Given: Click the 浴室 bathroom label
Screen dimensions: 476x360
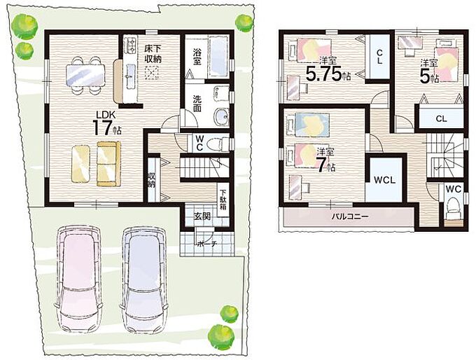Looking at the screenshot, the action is coord(197,57).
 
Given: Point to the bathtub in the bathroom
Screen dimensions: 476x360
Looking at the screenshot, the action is coord(218,57).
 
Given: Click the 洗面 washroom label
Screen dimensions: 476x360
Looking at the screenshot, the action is coord(197,103).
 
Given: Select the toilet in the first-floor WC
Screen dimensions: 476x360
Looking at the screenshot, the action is coord(220,143).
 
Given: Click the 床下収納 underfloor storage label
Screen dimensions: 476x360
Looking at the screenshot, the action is coord(153,53).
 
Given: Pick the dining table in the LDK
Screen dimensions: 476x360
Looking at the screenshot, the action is coord(85,75).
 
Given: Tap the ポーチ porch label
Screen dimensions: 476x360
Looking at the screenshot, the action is coord(206,243).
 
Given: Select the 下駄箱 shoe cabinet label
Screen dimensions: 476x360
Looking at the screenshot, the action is coord(223,200).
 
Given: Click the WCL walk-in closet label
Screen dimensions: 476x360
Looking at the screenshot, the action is coord(384,180).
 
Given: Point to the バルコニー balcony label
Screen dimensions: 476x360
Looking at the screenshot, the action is coord(350,216).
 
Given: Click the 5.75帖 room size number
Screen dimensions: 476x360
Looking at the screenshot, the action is coord(328,74).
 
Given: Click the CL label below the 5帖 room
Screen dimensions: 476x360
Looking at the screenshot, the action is coord(441,118).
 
